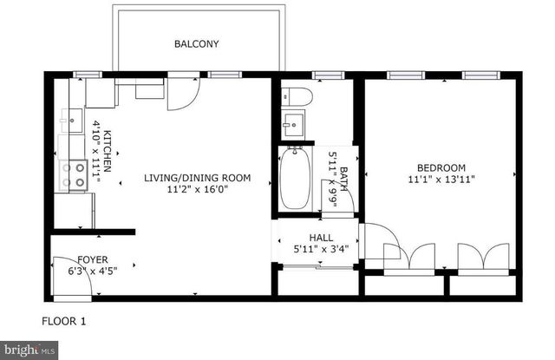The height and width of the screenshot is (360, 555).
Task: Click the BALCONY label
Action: coord(196,43)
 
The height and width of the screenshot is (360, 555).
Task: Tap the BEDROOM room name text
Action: coord(441,168)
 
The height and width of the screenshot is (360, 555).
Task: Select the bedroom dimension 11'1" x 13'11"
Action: coord(441,180)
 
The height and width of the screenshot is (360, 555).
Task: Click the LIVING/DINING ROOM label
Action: coord(197,178)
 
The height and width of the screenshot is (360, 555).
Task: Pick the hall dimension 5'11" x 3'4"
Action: coord(321,250)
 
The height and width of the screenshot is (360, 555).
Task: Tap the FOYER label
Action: coord(93,258)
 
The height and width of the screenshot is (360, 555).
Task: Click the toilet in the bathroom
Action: coord(292,97)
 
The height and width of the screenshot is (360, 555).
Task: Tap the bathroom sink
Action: coord(292,123)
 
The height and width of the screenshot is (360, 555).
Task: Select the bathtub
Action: coord(295,177)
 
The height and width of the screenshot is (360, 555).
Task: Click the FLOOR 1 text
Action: coord(64,322)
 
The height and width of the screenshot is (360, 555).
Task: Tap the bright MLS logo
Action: coord(29,350)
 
